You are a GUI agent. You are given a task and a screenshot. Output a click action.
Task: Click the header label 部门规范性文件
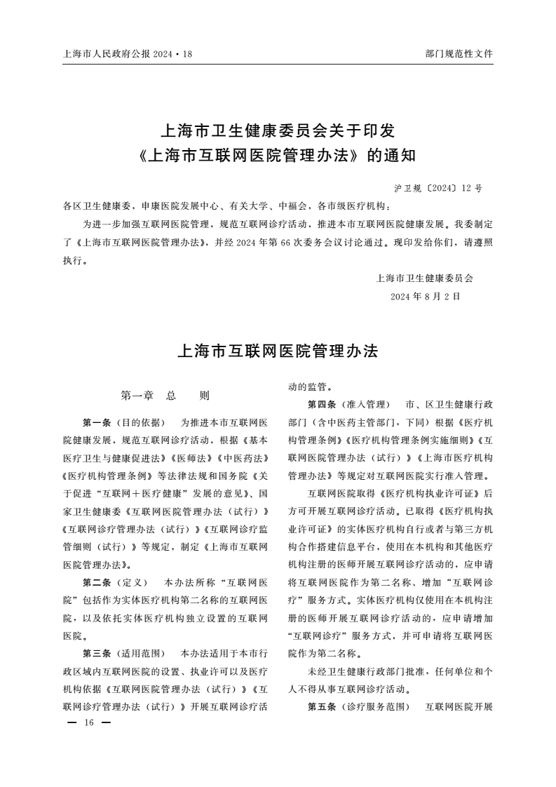pos(459,53)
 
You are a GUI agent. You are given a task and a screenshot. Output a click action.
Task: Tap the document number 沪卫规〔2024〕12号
pos(438,189)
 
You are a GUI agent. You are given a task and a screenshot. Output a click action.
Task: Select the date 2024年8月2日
pos(426,296)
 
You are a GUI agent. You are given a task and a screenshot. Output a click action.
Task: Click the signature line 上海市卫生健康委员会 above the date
pos(425,278)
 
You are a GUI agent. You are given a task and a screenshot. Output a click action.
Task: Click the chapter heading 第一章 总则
pos(165,396)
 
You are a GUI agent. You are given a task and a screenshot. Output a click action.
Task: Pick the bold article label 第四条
pos(322,405)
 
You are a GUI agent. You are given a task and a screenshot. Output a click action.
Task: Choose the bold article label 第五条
pos(322,706)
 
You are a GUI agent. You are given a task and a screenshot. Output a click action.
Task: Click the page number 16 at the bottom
pos(88,723)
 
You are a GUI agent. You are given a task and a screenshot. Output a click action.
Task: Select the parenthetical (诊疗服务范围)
pos(374,706)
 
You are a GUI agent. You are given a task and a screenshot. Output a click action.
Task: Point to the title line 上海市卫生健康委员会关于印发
pos(278,130)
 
